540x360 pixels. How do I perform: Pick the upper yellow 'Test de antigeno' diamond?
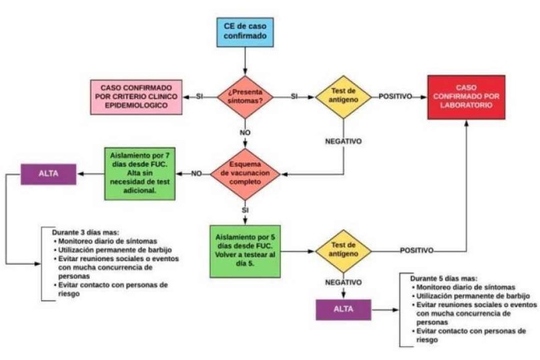click(x=343, y=97)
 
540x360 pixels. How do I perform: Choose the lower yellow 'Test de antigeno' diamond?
click(x=343, y=251)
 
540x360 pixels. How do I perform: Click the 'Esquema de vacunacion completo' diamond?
click(x=246, y=173)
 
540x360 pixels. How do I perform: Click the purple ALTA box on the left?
click(x=48, y=174)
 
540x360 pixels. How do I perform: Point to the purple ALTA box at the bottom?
click(x=343, y=308)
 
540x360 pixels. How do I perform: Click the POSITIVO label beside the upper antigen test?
click(x=395, y=97)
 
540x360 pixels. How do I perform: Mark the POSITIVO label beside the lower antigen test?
click(x=416, y=251)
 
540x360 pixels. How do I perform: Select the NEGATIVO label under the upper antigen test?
click(x=343, y=141)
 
